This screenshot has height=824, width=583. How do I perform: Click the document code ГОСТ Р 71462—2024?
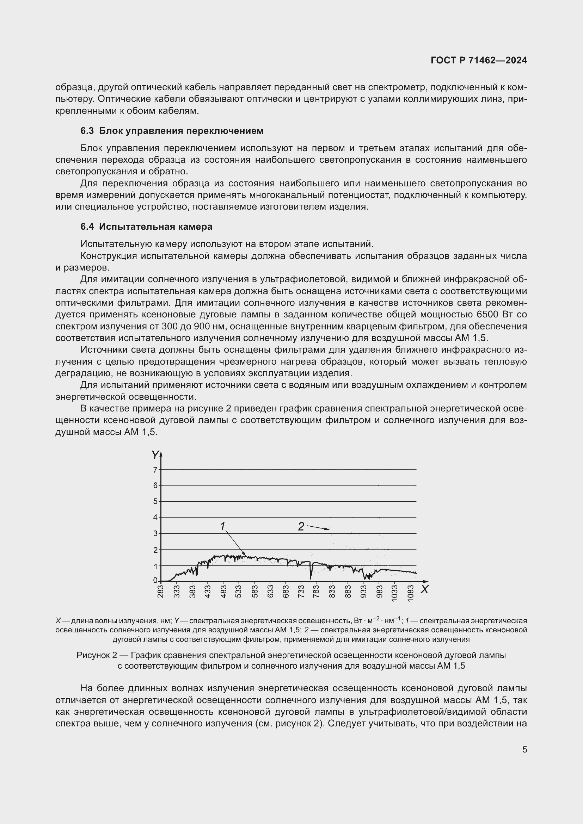tap(479, 60)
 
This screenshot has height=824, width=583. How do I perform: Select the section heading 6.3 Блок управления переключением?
tap(172, 131)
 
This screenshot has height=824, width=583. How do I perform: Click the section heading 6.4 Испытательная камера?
tap(146, 227)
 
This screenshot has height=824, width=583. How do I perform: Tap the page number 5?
tap(524, 749)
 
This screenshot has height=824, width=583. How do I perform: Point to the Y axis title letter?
tap(155, 455)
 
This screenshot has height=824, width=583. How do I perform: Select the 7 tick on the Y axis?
tap(155, 469)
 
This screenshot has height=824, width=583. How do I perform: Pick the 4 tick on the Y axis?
tap(155, 518)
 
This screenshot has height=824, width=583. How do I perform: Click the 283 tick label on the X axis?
tap(160, 591)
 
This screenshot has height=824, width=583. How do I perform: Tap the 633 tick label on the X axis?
tap(270, 591)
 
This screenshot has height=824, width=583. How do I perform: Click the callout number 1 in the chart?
tap(222, 526)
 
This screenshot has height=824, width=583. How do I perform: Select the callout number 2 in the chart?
tap(301, 526)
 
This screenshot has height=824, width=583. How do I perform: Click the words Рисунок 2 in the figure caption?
tap(97, 655)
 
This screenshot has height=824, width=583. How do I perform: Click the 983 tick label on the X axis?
tap(380, 591)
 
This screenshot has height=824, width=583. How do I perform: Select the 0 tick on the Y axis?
tap(155, 580)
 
